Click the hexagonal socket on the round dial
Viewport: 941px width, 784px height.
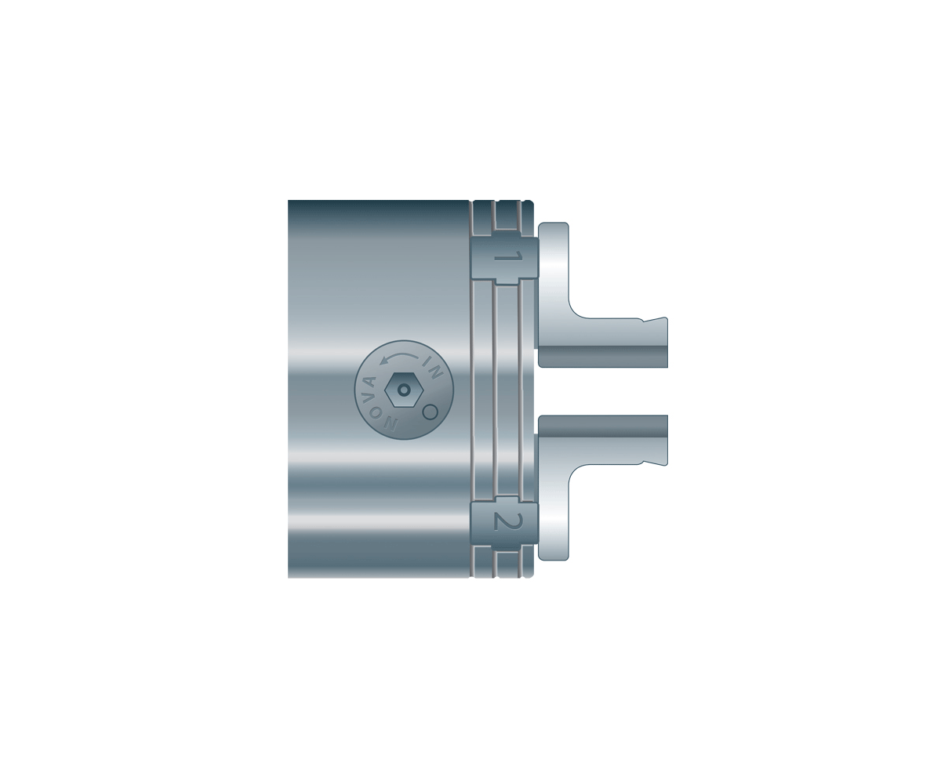tap(404, 390)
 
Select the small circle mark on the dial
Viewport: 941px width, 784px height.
tap(431, 412)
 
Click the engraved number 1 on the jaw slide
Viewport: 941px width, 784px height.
tap(508, 258)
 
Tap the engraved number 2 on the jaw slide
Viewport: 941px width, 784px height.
tap(508, 521)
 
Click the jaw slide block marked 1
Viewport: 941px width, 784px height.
tap(505, 259)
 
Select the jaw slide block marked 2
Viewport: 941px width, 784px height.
tap(505, 523)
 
